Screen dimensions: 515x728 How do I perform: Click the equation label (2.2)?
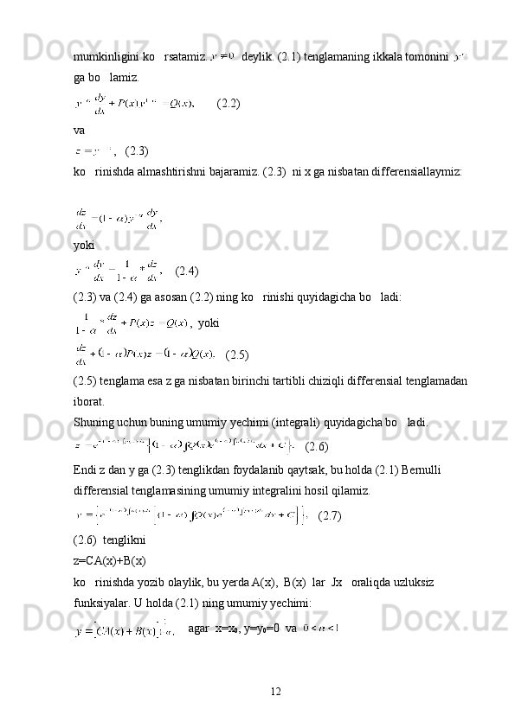tap(229, 103)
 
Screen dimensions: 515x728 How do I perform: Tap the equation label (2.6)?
tap(317, 446)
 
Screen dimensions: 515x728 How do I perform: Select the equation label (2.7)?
tap(330, 516)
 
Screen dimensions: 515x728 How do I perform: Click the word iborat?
tap(89, 402)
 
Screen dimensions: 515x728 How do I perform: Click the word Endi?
tap(85, 469)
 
